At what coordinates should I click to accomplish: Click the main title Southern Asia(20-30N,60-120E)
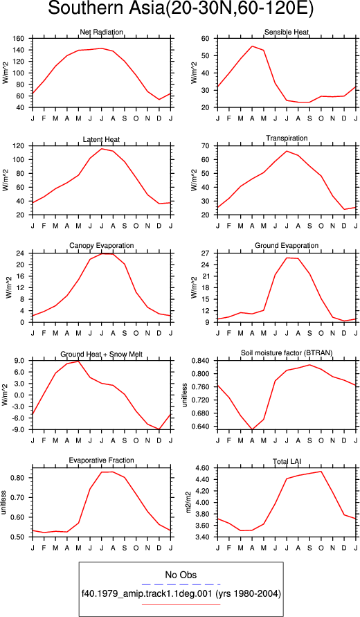click(181, 9)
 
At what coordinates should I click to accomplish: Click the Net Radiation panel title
click(102, 32)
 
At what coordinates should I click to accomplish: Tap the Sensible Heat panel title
click(287, 32)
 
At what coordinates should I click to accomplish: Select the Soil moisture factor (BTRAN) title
click(287, 353)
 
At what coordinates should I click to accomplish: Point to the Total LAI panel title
click(287, 460)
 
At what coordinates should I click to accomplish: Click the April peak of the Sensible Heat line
click(252, 46)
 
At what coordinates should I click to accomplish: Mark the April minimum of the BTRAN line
click(252, 429)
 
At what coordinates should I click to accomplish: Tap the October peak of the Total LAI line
click(321, 472)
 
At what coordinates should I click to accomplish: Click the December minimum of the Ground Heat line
click(159, 429)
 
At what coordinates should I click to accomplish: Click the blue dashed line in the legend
click(181, 584)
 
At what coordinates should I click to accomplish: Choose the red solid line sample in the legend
click(181, 604)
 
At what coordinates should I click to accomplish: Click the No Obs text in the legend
click(181, 575)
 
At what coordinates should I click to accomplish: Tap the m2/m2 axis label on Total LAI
click(189, 503)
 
